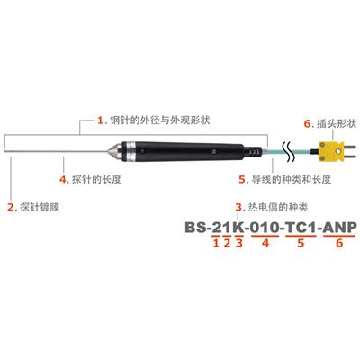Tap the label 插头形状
point(337,123)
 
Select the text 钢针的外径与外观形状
point(160,121)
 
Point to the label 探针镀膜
point(40,207)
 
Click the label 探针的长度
point(96,179)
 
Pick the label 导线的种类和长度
point(291,179)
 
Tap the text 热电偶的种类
point(278,207)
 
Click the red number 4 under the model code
point(265,243)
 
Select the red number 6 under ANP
point(339,243)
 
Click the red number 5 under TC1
point(301,243)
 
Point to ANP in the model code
point(340,228)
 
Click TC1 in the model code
point(301,228)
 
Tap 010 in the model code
point(265,228)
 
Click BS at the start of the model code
point(195,228)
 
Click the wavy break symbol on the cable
point(287,151)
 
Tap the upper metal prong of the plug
point(349,147)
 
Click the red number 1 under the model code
point(216,243)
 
